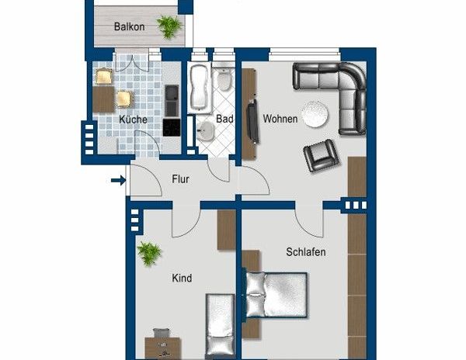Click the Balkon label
pyautogui.click(x=129, y=26)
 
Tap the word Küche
pyautogui.click(x=133, y=119)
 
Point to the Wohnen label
pyautogui.click(x=280, y=119)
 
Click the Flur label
pyautogui.click(x=180, y=179)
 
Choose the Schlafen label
pyautogui.click(x=305, y=252)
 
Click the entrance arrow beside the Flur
pyautogui.click(x=118, y=182)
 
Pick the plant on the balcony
pyautogui.click(x=169, y=26)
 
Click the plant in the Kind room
pyautogui.click(x=148, y=252)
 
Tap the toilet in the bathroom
pyautogui.click(x=224, y=80)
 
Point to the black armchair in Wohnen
pyautogui.click(x=321, y=156)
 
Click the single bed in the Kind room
pyautogui.click(x=219, y=326)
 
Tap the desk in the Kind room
pyautogui.click(x=163, y=346)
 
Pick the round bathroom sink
pyautogui.click(x=207, y=130)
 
